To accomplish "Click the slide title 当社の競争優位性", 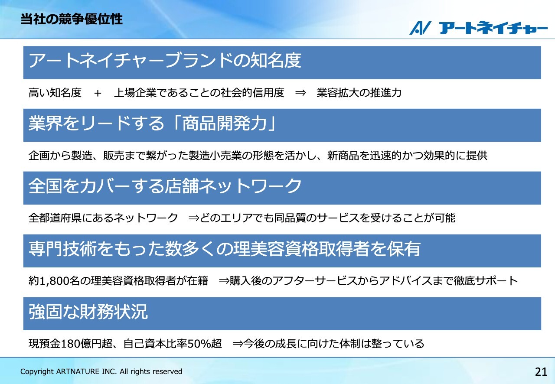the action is (x=72, y=19).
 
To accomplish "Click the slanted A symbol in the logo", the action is (x=420, y=28).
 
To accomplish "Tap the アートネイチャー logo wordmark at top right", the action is (x=493, y=28).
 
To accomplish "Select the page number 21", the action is (x=541, y=372).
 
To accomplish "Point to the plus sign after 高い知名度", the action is (x=98, y=93).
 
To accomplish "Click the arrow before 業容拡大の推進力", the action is (x=300, y=93).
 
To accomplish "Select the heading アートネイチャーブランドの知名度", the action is (x=165, y=60).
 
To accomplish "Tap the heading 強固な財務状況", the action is (x=88, y=312).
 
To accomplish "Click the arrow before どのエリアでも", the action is (x=193, y=218).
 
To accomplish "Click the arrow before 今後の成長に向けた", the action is (x=238, y=344).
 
